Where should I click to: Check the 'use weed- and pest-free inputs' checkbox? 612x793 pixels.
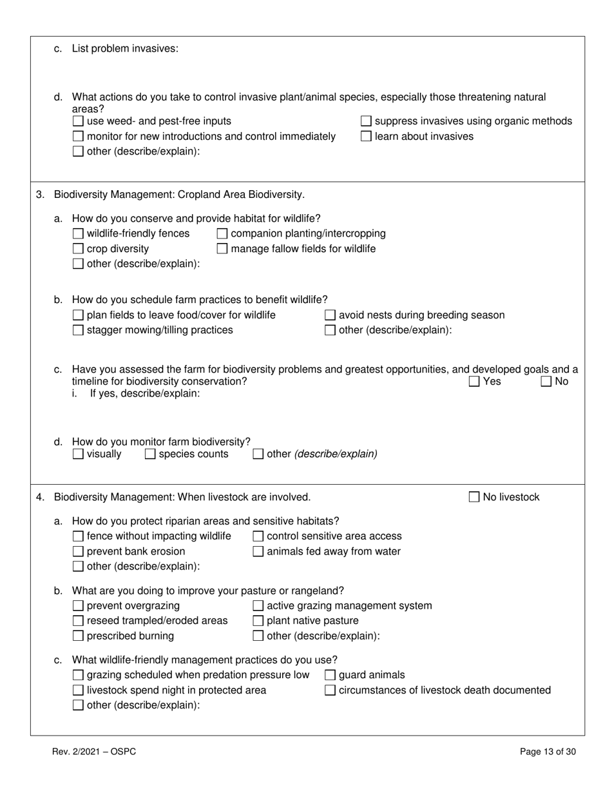pos(78,121)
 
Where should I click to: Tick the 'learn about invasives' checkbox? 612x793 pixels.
pos(366,136)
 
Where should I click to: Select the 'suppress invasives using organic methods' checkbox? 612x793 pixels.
pos(366,121)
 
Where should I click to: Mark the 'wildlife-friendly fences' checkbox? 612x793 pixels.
pos(78,233)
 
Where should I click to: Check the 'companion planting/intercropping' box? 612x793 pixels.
pos(222,233)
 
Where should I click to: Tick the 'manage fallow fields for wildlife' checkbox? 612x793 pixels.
pos(222,249)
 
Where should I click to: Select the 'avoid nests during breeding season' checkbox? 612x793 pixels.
pos(330,315)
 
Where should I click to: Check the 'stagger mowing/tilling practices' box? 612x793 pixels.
pos(78,330)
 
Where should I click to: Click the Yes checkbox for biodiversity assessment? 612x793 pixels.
pos(474,382)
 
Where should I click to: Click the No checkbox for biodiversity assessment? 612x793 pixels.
pos(546,382)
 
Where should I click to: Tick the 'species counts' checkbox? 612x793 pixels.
pos(150,454)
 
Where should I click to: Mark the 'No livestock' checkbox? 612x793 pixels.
pos(474,497)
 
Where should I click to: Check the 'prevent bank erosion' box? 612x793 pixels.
pos(78,551)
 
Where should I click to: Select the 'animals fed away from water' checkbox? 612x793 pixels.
pos(258,551)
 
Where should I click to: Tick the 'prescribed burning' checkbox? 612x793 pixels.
pos(78,636)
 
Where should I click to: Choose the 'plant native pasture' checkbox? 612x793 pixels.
pos(258,621)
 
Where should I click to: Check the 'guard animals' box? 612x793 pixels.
pos(330,675)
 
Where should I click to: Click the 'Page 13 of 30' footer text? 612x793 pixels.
pos(548,751)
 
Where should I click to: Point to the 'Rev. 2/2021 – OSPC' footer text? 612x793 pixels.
pos(94,751)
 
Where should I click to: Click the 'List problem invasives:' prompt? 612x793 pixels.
pos(125,48)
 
